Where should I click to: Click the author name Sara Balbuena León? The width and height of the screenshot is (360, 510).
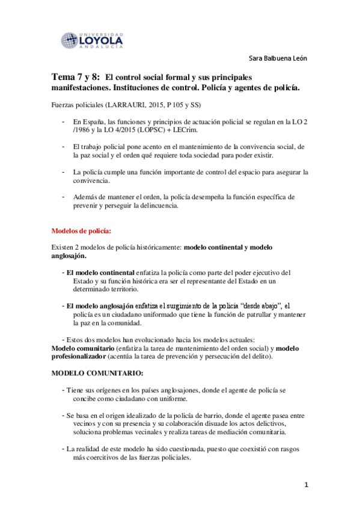pos(278,58)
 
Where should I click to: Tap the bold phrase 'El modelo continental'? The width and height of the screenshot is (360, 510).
pos(100,272)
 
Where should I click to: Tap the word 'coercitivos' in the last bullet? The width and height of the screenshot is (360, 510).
pos(103,457)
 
